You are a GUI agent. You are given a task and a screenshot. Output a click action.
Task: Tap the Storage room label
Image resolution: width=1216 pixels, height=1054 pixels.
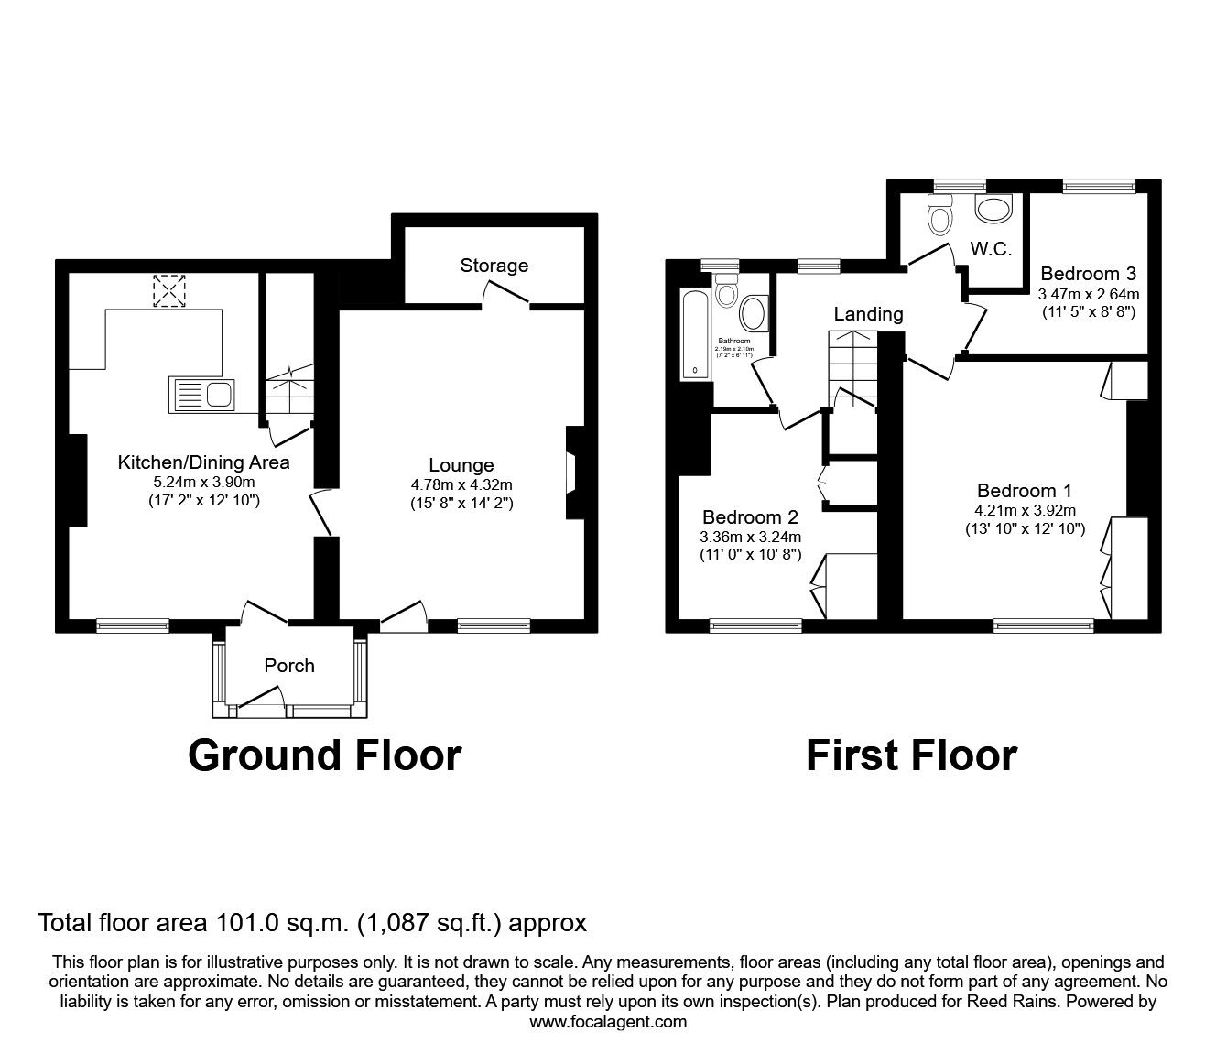click(494, 266)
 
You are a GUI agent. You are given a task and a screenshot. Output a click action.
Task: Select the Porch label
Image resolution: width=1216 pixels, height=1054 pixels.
click(289, 666)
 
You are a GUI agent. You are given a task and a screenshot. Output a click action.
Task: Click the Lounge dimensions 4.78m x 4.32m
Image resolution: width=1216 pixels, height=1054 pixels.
click(461, 484)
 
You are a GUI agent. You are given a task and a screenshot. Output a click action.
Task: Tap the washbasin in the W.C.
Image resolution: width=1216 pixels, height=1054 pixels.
click(993, 210)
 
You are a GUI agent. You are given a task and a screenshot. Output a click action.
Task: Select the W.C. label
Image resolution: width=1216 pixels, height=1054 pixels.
click(991, 249)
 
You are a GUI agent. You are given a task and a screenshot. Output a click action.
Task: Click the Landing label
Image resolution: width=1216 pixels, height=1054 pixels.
click(868, 314)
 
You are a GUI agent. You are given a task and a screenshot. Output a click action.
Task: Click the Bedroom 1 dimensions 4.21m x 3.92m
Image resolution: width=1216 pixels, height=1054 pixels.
click(1025, 511)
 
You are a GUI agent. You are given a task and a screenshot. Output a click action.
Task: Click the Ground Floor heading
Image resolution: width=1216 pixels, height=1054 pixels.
click(324, 755)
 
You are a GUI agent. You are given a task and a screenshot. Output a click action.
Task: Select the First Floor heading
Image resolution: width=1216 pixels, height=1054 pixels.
click(911, 755)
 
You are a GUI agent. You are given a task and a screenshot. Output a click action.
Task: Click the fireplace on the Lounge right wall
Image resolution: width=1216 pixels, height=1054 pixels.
click(572, 473)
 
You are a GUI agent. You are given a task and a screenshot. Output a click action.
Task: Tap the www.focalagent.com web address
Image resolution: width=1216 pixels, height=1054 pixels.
click(608, 1022)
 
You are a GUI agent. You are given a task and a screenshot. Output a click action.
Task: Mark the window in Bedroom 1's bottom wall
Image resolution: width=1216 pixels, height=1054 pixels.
click(1044, 626)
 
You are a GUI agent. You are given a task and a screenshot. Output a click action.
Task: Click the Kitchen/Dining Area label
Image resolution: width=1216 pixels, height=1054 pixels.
click(203, 462)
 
